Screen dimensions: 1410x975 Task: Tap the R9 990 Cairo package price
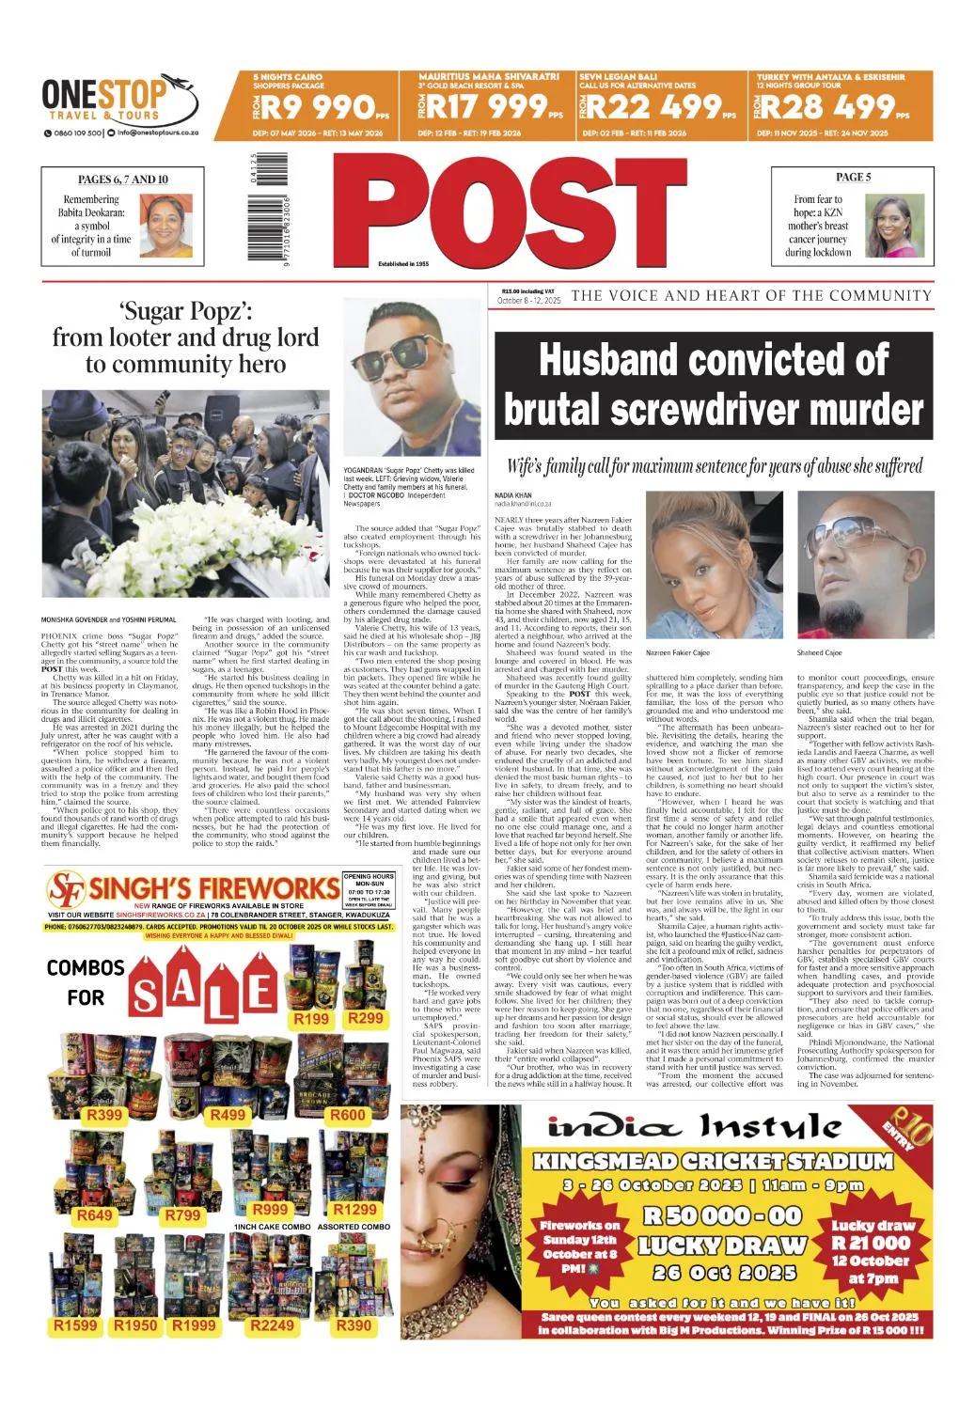point(320,109)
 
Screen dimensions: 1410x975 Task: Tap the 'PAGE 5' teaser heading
point(853,177)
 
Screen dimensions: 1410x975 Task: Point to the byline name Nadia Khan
point(512,494)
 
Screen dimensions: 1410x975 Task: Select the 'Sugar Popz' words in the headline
point(185,311)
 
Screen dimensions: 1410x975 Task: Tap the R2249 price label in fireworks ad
point(272,1324)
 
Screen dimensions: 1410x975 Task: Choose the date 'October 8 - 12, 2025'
point(529,301)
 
